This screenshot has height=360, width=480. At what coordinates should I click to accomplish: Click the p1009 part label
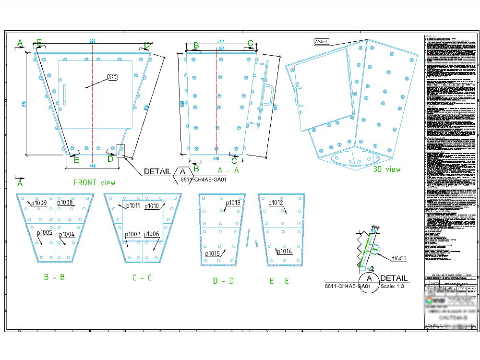pos(39,203)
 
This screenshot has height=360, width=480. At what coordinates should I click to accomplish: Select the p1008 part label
pos(65,203)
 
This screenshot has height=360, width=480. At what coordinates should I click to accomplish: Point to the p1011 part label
pos(133,206)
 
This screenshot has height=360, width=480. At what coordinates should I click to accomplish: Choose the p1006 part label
pos(151,234)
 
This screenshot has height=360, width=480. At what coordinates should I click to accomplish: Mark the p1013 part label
pos(233,203)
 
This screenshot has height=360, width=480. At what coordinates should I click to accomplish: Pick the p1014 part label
pos(284,251)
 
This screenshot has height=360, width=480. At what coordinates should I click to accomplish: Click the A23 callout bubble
pos(112,77)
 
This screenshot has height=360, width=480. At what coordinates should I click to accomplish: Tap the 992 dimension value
pos(92,42)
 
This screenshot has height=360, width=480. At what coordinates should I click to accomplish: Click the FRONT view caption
pos(94,182)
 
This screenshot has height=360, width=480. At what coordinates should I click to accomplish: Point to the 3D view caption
pos(387,169)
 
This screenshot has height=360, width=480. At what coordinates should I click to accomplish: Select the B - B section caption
pos(54,277)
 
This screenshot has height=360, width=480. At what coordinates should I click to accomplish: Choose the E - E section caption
pos(279,281)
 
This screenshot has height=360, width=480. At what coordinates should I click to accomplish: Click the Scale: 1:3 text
pos(394,287)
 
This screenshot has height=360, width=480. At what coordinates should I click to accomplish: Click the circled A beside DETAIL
pos(369,278)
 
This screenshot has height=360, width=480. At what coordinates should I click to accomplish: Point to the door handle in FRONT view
pos(64,94)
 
